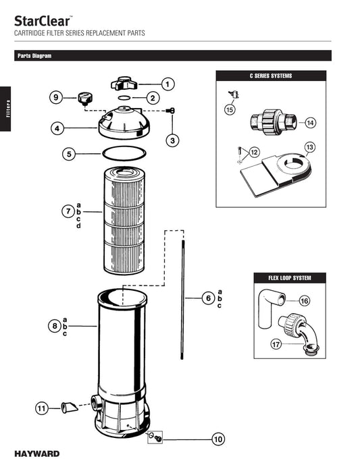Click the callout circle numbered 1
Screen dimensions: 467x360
click(x=168, y=84)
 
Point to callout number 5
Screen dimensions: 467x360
click(x=69, y=154)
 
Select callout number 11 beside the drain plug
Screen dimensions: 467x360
click(x=42, y=408)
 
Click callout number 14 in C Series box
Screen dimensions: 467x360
click(x=310, y=123)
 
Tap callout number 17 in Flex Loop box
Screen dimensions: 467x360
click(x=276, y=344)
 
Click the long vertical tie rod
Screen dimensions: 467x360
click(x=183, y=297)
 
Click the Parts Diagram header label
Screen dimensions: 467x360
click(x=34, y=56)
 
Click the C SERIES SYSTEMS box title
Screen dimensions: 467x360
click(x=271, y=76)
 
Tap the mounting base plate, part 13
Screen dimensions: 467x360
click(x=270, y=174)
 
